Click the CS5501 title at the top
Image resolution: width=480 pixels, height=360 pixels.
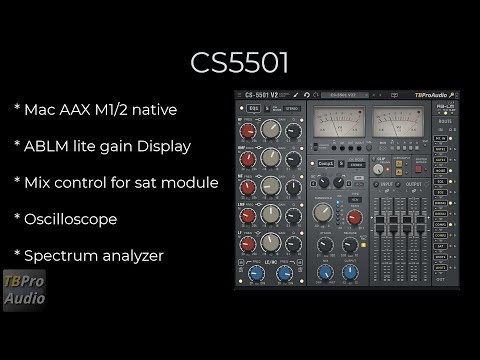click(x=240, y=62)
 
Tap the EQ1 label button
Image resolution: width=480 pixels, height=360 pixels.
click(x=253, y=108)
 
